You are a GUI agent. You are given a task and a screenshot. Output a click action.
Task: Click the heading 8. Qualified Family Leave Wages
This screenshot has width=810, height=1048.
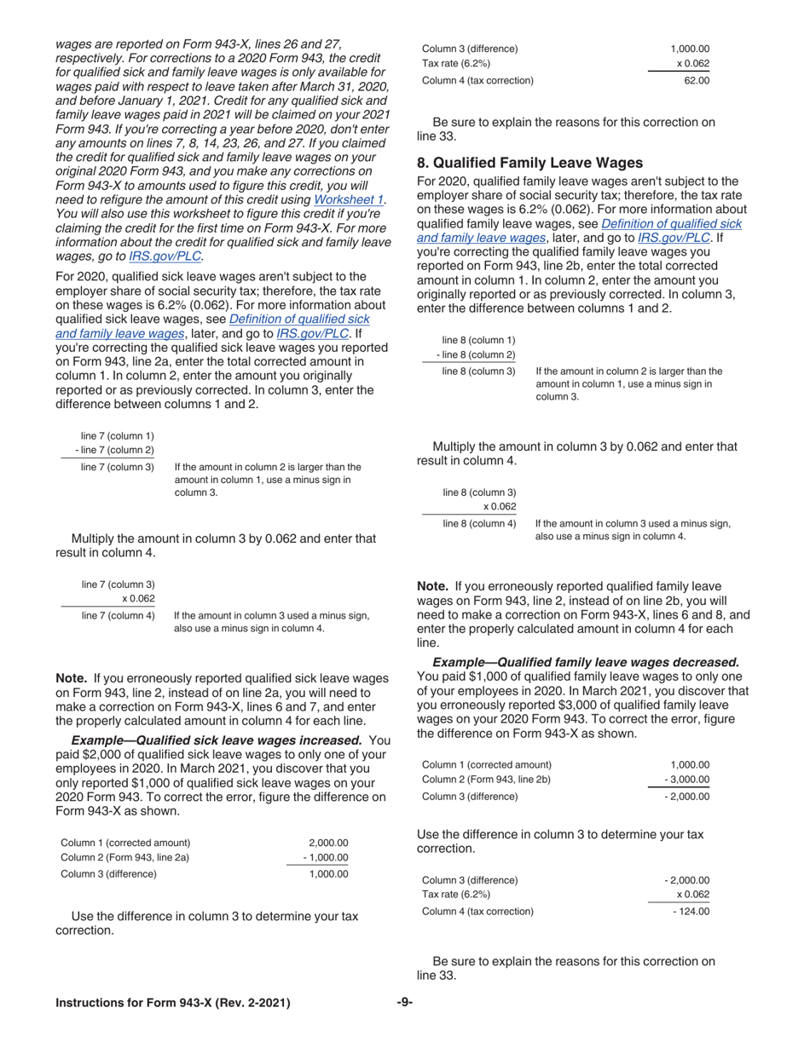click(529, 163)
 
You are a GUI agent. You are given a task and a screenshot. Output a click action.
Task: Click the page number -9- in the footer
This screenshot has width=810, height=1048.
click(405, 1003)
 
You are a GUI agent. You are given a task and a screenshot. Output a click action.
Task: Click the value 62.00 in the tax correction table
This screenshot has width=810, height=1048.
click(696, 81)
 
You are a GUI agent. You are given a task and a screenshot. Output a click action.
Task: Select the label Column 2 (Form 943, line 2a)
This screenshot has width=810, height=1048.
click(125, 858)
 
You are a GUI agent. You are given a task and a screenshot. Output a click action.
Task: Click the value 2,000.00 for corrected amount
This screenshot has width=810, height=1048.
click(328, 843)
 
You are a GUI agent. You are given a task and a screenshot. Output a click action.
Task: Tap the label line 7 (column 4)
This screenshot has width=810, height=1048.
click(118, 615)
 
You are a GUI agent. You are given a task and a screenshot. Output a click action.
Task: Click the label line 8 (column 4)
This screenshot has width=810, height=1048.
click(479, 523)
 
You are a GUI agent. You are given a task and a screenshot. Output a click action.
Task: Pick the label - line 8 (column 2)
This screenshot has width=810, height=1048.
click(476, 355)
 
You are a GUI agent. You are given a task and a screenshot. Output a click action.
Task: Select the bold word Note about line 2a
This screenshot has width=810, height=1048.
click(72, 678)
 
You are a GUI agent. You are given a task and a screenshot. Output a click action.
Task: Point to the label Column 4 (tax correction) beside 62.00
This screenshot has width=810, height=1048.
click(478, 81)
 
